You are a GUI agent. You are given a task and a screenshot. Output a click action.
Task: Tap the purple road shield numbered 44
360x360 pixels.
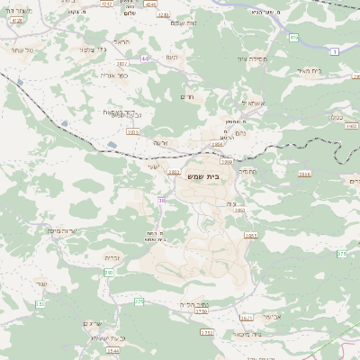pyautogui.click(x=144, y=58)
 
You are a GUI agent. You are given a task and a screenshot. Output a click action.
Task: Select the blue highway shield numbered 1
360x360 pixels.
pyautogui.click(x=335, y=53)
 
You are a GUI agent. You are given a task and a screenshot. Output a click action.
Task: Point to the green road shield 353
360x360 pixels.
pyautogui.click(x=139, y=301)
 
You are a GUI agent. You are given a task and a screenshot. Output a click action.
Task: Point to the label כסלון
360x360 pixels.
pyautogui.click(x=338, y=117)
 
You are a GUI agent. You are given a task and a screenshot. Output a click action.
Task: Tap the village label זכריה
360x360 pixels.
pyautogui.click(x=124, y=257)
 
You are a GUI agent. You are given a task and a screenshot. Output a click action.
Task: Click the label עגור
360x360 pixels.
pyautogui.click(x=41, y=284)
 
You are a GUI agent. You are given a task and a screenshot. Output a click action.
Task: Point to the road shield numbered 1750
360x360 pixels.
pyautogui.click(x=207, y=333)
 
